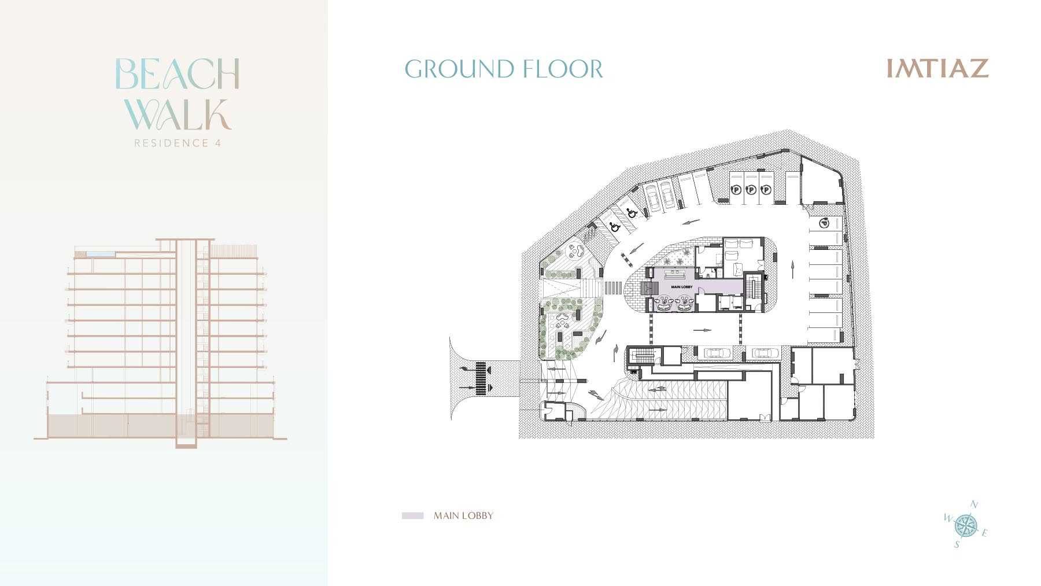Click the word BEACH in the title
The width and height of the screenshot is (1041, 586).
point(178,73)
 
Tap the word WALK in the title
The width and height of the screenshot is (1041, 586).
point(178,114)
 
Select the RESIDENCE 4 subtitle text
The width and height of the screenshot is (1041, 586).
point(178,143)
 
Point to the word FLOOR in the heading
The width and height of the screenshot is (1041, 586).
point(562,69)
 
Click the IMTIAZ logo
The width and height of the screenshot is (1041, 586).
point(937,68)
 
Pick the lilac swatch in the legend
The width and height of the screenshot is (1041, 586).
point(412,515)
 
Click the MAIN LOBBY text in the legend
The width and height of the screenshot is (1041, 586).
point(463,515)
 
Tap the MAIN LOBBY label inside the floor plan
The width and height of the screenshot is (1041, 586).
point(681,287)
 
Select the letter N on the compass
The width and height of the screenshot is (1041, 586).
point(974,505)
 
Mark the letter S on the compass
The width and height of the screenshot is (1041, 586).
point(957,544)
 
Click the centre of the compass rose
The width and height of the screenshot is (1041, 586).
point(965,525)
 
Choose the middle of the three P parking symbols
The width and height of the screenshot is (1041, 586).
point(751,190)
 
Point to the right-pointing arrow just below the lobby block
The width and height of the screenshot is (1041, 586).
point(702,330)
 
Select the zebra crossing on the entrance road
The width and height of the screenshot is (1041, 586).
point(481,378)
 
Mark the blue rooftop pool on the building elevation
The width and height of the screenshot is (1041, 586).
point(102,254)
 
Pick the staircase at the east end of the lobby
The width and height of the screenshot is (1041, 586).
point(752,287)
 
